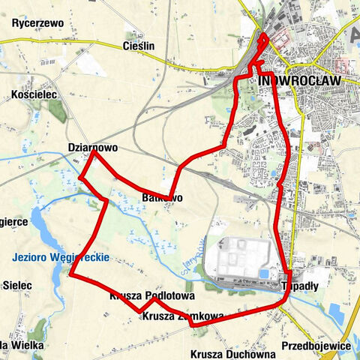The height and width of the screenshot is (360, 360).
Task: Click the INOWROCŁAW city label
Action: pos(298,80)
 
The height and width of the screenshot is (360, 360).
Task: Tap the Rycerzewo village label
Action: pos(37,24)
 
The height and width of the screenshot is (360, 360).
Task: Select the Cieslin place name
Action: pos(137,46)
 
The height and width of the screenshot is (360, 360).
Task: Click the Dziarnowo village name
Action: pos(92,148)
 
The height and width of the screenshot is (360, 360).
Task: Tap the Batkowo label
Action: pos(161,198)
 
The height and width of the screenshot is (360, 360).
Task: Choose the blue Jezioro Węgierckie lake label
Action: pos(61,257)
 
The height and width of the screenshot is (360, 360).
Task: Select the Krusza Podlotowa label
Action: pos(152,295)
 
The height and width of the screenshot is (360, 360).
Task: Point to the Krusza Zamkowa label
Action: pos(181,316)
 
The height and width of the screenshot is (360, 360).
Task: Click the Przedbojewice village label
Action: pos(316,346)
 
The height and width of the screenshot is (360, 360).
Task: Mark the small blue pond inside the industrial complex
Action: pos(264,273)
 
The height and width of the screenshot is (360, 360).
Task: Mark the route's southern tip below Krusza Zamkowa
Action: pos(193,325)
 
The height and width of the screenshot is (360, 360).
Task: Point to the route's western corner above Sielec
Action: pos(70,274)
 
